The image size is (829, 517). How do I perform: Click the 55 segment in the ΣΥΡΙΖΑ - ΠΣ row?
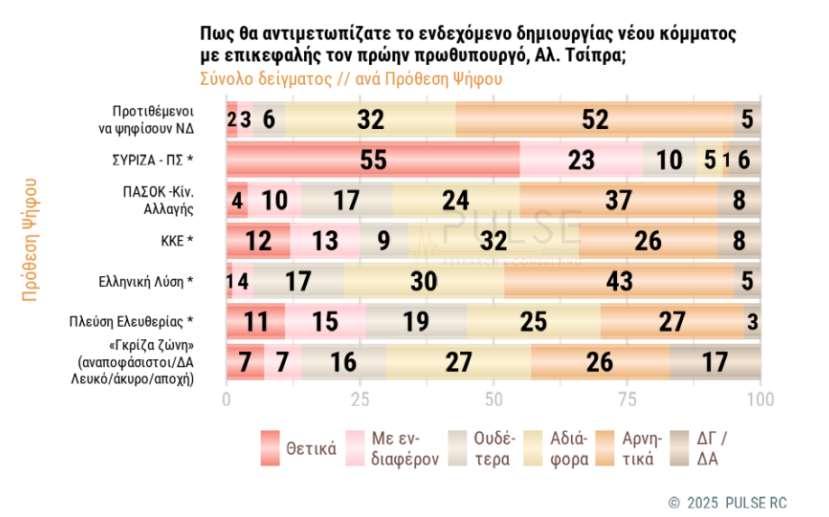(373, 160)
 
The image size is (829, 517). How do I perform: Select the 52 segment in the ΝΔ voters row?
(595, 119)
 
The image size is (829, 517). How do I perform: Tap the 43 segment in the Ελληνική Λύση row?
(619, 281)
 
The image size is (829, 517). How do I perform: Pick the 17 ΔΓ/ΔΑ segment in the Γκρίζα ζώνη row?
(714, 363)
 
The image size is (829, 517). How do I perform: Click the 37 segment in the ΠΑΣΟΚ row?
(618, 200)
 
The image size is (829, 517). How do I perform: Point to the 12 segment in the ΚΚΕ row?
(258, 241)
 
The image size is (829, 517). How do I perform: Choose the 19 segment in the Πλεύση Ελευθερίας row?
(416, 321)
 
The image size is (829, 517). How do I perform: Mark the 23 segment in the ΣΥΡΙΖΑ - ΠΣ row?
(582, 160)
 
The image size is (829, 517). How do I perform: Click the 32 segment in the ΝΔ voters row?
(371, 119)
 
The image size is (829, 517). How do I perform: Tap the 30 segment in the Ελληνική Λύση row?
(424, 281)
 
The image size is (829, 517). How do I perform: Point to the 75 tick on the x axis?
(628, 399)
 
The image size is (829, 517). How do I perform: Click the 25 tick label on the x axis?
(360, 399)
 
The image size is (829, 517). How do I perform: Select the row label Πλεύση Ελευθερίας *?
(132, 321)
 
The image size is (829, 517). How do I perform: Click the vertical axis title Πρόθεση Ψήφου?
(30, 239)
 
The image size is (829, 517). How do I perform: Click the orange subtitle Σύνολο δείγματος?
(350, 78)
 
